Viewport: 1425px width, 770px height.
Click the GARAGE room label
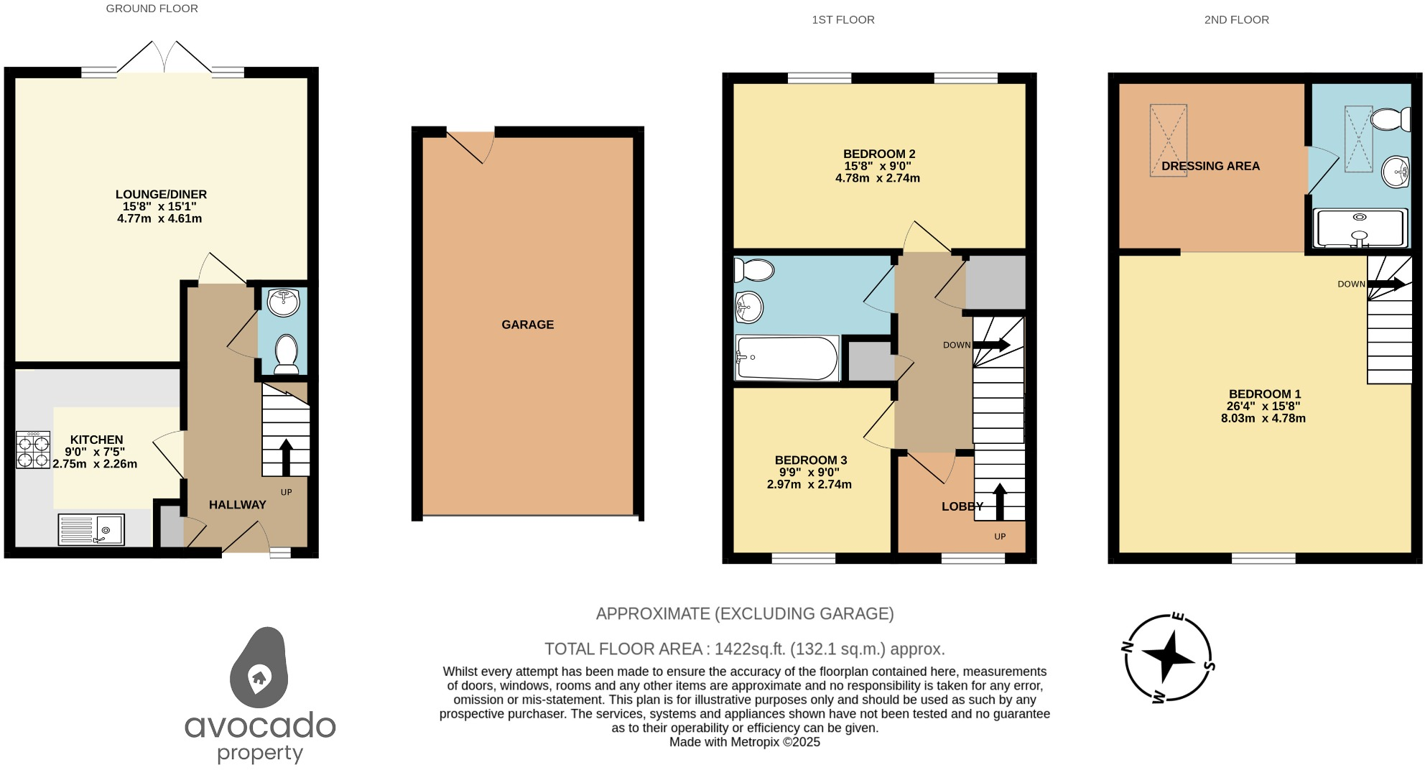[527, 325]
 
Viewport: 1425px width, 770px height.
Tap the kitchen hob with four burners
[33, 450]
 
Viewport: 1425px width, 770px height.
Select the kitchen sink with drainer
[91, 530]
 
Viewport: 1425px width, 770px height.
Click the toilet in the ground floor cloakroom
[286, 353]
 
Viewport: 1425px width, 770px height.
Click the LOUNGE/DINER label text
[161, 195]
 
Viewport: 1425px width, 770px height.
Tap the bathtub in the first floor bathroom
[786, 358]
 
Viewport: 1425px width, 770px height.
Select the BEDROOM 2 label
[878, 154]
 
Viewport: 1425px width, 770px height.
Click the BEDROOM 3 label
[810, 460]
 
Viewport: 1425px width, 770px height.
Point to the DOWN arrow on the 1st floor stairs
[991, 345]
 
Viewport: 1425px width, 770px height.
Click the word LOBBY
[962, 506]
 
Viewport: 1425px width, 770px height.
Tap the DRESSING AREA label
[1210, 166]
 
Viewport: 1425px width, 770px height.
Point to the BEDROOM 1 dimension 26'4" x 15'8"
[1263, 406]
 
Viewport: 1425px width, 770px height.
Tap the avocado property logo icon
[259, 669]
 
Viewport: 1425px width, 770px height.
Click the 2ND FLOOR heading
[1236, 20]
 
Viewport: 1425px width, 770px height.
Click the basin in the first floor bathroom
[748, 309]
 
